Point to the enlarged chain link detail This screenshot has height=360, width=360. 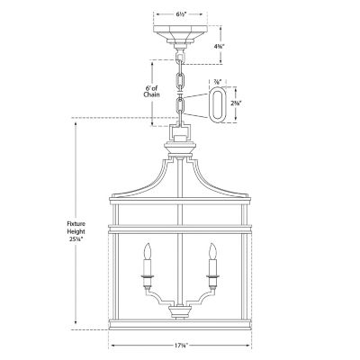219,103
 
